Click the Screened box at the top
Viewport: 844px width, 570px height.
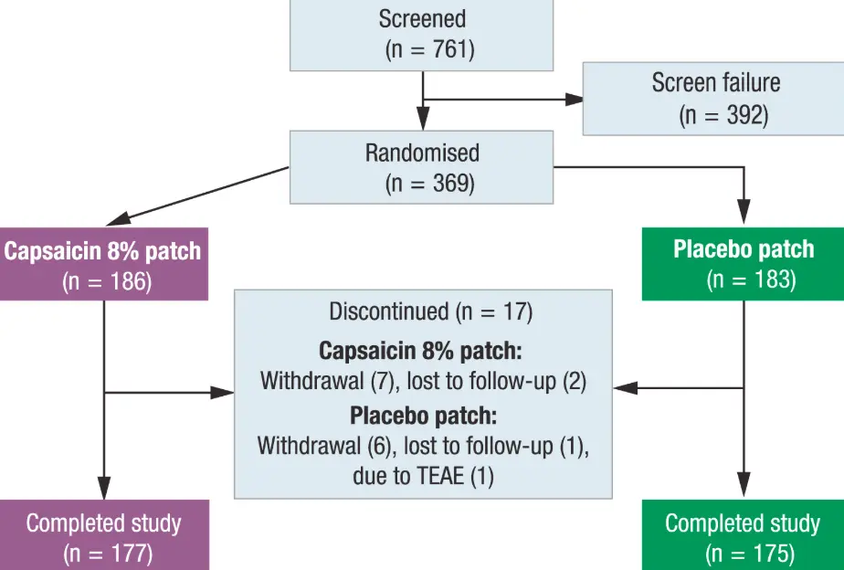[x=423, y=35]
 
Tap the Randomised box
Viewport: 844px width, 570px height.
[x=423, y=166]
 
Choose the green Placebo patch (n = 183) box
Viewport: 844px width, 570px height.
[x=744, y=264]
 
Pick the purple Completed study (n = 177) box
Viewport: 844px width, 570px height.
[x=103, y=537]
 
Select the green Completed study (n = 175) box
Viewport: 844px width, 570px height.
[x=744, y=537]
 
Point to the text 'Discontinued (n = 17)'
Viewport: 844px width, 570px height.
[x=430, y=312]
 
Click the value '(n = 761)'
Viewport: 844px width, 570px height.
[x=429, y=48]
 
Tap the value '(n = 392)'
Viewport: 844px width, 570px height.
[x=723, y=116]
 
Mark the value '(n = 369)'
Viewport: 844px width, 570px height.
[x=429, y=183]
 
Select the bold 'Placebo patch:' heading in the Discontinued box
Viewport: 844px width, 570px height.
[x=423, y=417]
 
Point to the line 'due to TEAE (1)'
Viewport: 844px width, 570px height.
[x=423, y=476]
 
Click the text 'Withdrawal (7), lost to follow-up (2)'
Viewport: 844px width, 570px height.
[x=423, y=381]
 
